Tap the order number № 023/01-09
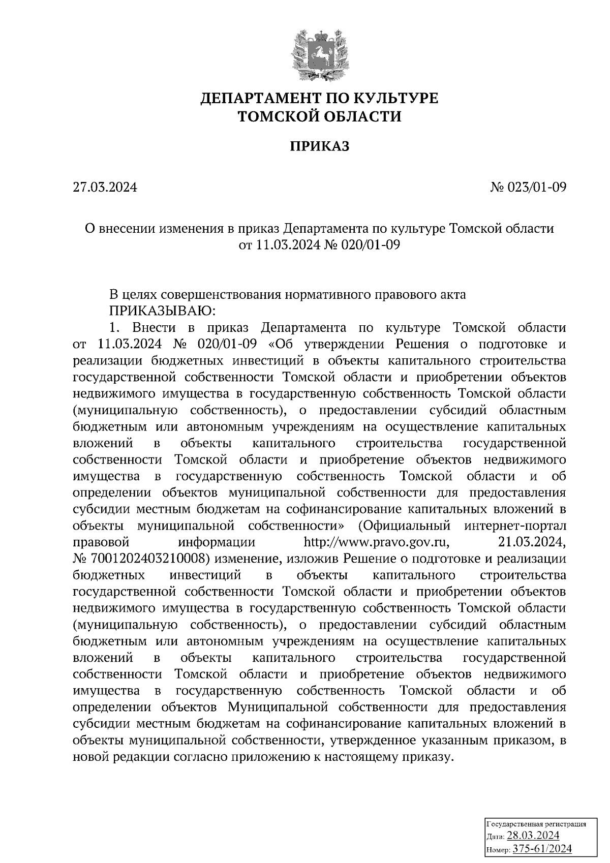(x=528, y=188)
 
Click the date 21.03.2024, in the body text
(x=532, y=542)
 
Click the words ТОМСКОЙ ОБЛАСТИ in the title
(x=319, y=117)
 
